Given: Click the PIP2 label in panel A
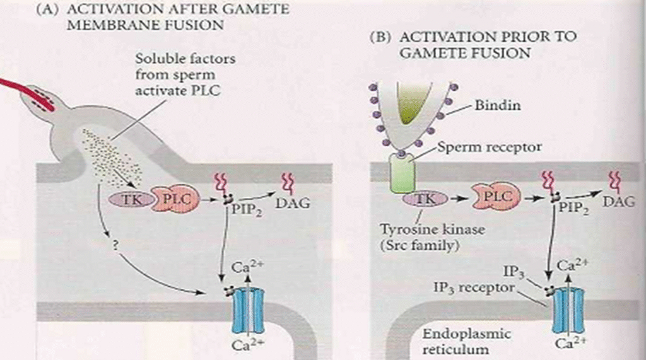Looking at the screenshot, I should click(244, 207).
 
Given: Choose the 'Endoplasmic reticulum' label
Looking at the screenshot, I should click(467, 340).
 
